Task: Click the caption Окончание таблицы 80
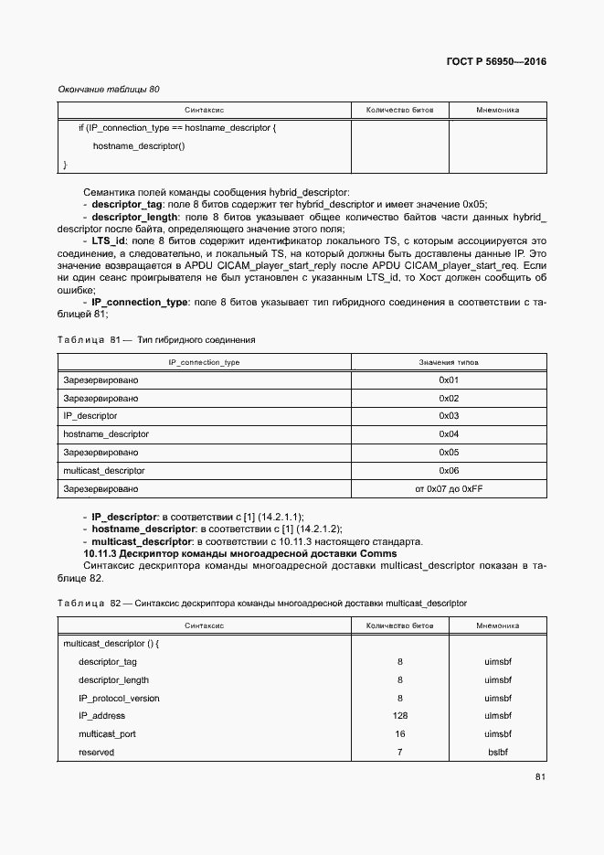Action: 108,90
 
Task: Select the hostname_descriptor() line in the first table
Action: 139,146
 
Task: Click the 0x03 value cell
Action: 448,415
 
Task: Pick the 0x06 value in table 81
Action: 448,470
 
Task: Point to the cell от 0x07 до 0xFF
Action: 448,489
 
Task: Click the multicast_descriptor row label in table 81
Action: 104,470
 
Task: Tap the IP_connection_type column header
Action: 205,362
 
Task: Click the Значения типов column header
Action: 448,362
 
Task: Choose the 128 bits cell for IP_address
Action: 399,716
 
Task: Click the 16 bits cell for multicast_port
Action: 399,734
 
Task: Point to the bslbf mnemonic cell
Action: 498,753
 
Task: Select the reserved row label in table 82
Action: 96,753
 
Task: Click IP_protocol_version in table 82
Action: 119,698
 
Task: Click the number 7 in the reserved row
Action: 399,753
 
